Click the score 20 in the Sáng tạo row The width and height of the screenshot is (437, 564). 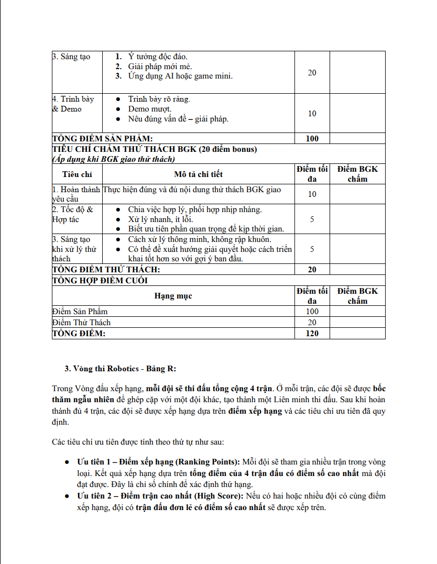[312, 73]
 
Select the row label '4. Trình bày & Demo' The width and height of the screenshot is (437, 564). [73, 104]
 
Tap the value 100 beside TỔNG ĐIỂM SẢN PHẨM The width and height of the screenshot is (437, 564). [312, 139]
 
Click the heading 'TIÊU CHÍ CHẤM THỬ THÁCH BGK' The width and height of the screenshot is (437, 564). [155, 149]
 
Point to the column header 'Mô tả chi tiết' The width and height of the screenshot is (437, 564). [198, 174]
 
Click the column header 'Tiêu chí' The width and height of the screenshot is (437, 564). [77, 174]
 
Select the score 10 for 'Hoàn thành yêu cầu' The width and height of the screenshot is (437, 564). [312, 194]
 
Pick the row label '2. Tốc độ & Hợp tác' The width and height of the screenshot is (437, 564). [73, 214]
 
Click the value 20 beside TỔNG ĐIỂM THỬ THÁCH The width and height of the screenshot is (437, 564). [312, 270]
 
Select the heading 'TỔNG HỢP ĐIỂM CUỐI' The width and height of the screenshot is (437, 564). [100, 280]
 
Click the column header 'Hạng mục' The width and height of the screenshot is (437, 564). [173, 296]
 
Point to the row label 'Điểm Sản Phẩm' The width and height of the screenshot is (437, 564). [80, 312]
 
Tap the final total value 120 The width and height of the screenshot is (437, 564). [312, 334]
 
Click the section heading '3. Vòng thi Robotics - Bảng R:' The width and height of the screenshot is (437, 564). [120, 369]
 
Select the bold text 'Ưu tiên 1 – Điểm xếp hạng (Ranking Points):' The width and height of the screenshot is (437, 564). [158, 462]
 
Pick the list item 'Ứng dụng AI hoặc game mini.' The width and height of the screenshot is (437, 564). [180, 76]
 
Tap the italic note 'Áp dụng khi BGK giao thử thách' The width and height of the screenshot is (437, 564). [114, 159]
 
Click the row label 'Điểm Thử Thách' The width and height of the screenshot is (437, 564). [81, 323]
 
